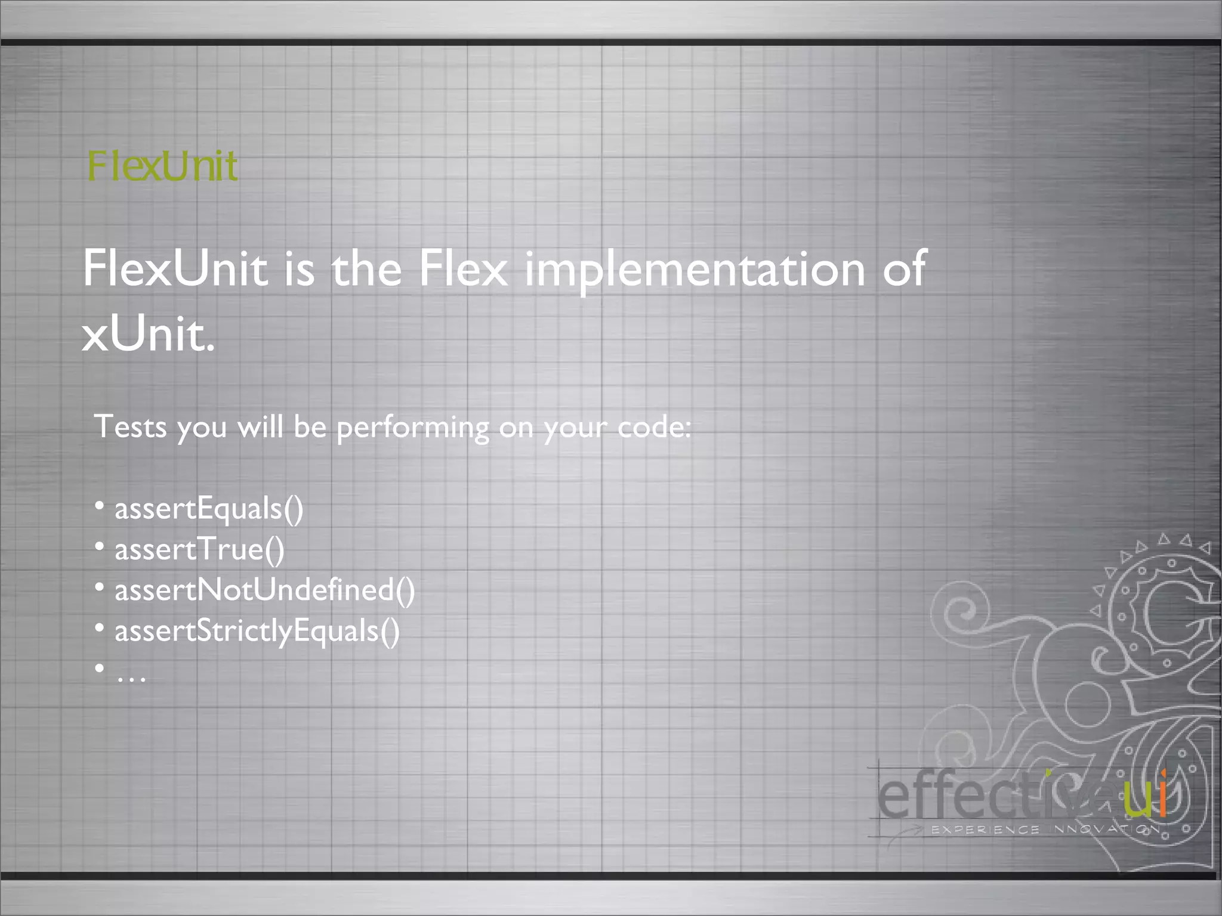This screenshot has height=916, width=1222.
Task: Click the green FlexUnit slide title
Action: pos(162,166)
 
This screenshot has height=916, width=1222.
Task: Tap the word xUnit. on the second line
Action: pos(148,334)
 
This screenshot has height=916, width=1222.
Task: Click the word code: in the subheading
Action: pos(654,427)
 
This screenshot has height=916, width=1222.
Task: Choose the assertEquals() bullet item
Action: pos(209,509)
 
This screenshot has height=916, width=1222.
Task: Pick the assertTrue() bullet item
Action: pos(199,550)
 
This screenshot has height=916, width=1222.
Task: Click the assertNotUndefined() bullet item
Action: pos(264,590)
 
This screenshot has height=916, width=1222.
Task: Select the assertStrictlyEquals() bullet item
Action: pos(257,631)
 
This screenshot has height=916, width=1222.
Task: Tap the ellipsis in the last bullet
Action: pos(131,676)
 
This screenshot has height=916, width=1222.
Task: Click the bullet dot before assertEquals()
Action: pos(100,506)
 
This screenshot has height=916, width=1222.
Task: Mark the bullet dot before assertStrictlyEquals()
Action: pos(100,627)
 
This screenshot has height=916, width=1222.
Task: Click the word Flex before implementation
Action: pos(463,268)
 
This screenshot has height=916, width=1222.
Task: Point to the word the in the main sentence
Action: pos(366,268)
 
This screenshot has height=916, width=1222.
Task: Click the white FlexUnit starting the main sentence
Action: pos(175,268)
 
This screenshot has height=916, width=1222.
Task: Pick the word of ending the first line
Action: pos(904,268)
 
